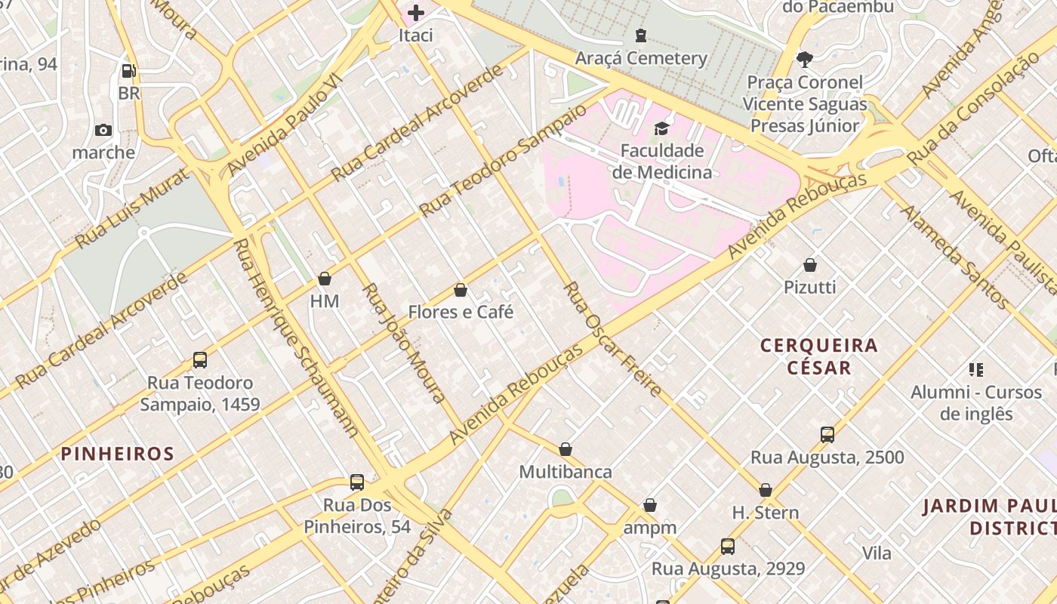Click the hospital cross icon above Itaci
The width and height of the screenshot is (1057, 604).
(x=415, y=13)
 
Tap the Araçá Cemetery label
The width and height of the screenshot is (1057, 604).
(x=641, y=58)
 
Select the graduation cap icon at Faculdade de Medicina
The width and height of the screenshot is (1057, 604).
(x=661, y=128)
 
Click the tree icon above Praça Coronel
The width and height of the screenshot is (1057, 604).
(x=804, y=59)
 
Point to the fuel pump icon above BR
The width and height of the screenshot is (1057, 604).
(x=129, y=71)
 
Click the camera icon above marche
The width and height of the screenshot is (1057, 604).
(x=103, y=130)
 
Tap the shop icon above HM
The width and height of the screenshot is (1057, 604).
(x=325, y=279)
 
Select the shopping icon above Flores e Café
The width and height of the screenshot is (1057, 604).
(x=461, y=290)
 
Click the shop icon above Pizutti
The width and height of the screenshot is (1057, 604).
(x=810, y=265)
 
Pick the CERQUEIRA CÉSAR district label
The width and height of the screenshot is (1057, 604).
(x=819, y=356)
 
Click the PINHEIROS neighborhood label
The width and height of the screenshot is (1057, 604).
(x=118, y=454)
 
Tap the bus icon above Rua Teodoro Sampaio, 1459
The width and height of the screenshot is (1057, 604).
(x=200, y=360)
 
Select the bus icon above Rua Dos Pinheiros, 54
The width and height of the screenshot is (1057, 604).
(x=357, y=482)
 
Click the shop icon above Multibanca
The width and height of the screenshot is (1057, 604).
(x=565, y=450)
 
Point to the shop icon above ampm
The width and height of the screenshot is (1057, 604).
(x=650, y=505)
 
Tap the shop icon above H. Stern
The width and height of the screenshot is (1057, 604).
(x=766, y=490)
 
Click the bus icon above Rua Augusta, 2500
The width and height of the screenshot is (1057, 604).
(x=827, y=435)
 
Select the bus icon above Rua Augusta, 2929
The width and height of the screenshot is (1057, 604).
(x=728, y=546)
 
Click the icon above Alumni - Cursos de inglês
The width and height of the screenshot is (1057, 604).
(x=976, y=370)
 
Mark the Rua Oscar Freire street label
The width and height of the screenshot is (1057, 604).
(x=612, y=340)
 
